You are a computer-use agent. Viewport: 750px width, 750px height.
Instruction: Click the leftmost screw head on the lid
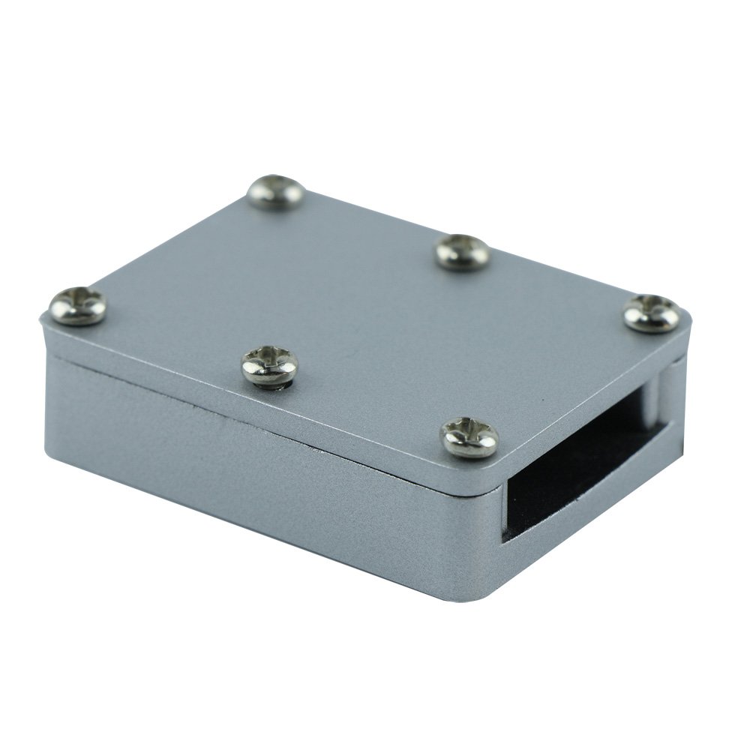tap(77, 306)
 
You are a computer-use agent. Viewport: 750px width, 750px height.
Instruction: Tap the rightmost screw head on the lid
tap(652, 313)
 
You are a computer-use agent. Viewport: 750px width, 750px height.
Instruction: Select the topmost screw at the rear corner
tap(276, 192)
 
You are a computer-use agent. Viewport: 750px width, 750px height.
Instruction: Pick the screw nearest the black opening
tap(469, 436)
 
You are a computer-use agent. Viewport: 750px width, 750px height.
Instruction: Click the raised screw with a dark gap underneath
tap(269, 366)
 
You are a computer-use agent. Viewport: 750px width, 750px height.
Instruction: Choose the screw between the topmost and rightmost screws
tap(463, 251)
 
